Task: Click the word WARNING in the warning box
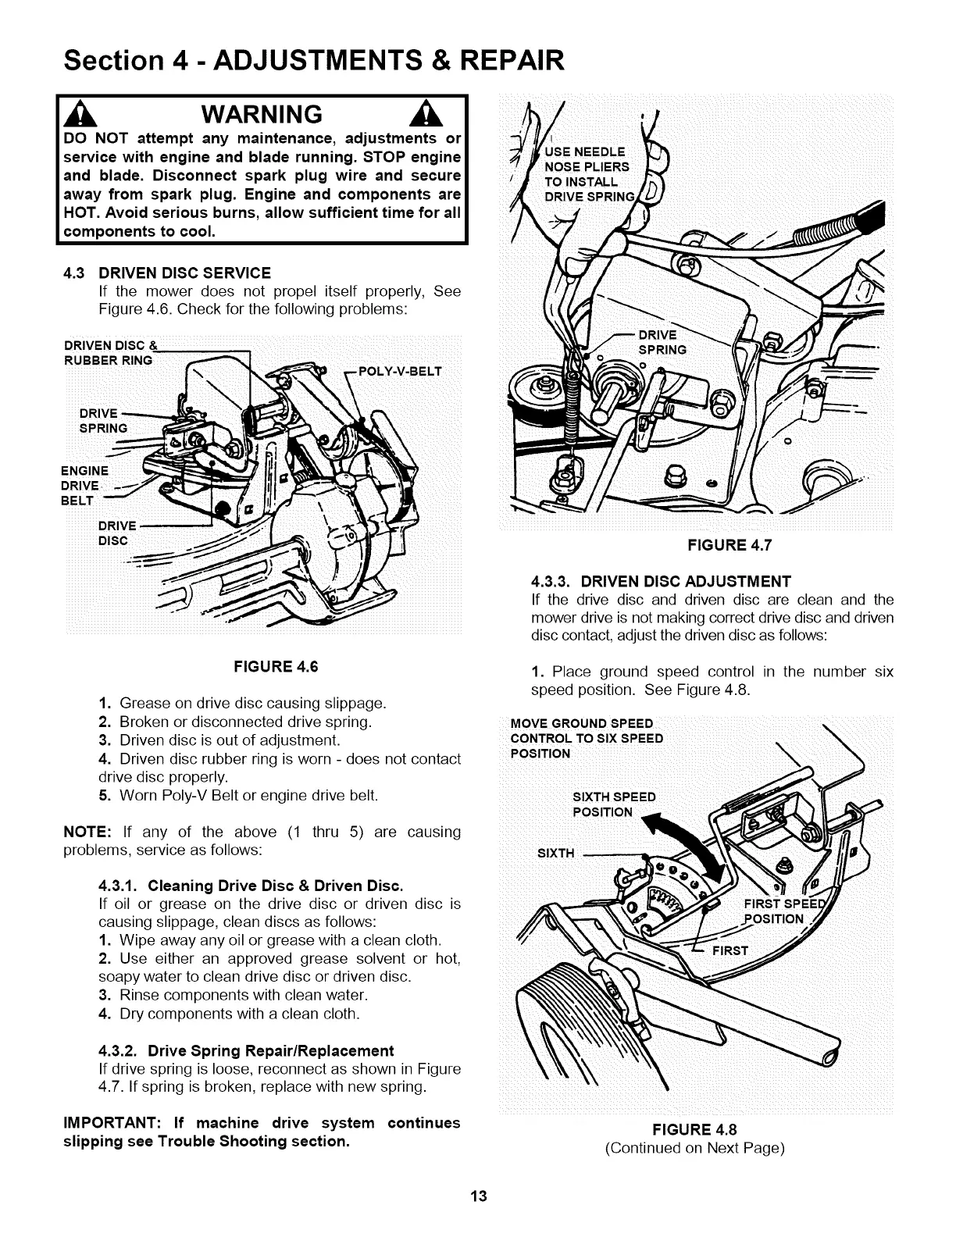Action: click(261, 115)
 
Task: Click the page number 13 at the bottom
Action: click(478, 1196)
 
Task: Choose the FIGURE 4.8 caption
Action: click(696, 1128)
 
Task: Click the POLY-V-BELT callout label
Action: click(398, 371)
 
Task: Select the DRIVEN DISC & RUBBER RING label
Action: click(109, 353)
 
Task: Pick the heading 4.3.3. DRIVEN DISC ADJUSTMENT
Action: click(661, 581)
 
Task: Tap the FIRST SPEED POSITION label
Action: click(781, 910)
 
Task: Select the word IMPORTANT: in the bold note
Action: click(112, 1123)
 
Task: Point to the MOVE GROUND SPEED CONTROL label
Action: click(586, 737)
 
